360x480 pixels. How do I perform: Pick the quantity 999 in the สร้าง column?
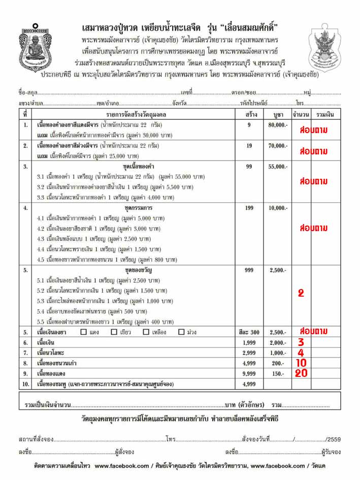[x=249, y=270]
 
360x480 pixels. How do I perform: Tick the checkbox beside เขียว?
[x=114, y=332]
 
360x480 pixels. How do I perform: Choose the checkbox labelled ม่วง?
[x=181, y=332]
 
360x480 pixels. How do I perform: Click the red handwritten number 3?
[x=301, y=342]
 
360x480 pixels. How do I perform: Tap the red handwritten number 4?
[x=301, y=353]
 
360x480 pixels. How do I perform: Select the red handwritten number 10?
[x=301, y=363]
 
